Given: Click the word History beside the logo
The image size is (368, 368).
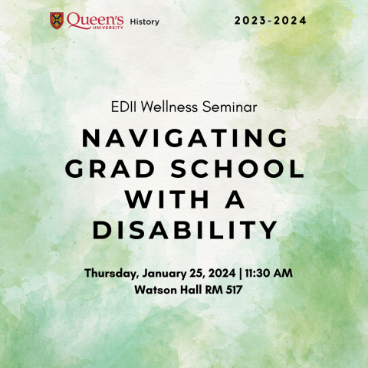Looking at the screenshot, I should pos(145,22).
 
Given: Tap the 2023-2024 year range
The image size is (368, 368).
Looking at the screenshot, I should pos(271,21).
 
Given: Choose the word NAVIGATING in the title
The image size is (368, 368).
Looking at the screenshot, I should pos(184,139).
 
